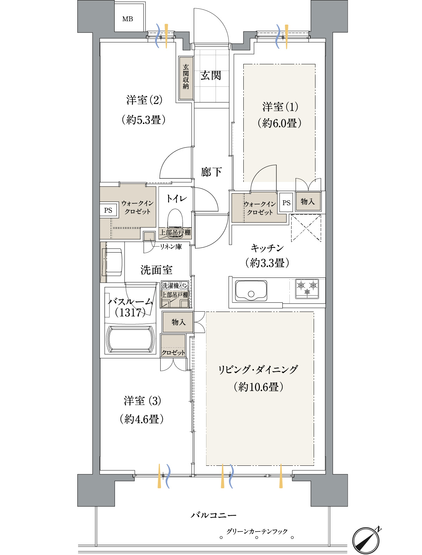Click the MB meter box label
point(127,19)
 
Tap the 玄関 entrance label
point(211,76)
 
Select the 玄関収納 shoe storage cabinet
point(186,78)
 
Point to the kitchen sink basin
point(251,290)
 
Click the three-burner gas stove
point(307,289)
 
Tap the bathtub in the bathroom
point(130,339)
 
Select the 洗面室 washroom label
point(156,270)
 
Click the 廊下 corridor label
point(211,172)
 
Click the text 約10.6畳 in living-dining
point(258,387)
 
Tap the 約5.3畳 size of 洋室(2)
point(143,119)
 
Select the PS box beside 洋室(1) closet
point(286,203)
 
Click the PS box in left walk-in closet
point(108,210)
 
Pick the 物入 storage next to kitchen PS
point(308,202)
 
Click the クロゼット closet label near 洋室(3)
point(173,352)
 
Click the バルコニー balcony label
point(213,515)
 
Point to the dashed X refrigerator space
point(306,228)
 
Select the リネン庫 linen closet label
point(171,247)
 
